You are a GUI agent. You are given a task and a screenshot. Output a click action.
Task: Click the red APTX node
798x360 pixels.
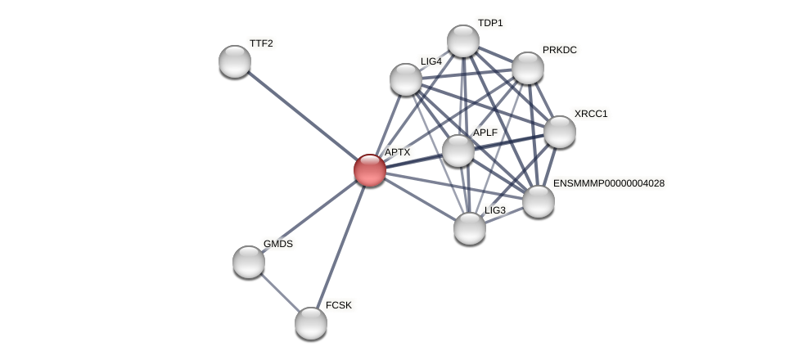[x=369, y=169]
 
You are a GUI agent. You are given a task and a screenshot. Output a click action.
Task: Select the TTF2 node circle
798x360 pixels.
[x=235, y=61]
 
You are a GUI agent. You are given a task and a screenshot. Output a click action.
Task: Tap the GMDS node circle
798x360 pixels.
[x=249, y=261]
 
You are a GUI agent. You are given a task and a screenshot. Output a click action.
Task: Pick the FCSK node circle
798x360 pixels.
[x=311, y=322]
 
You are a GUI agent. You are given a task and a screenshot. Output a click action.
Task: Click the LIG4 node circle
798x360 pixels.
[x=406, y=79]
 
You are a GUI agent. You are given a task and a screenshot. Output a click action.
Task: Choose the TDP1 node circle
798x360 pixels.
[x=463, y=41]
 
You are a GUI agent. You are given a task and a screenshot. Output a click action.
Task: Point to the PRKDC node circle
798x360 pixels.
[x=528, y=68]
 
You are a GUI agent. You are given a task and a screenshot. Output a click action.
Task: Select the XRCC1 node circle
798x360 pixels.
[x=560, y=131]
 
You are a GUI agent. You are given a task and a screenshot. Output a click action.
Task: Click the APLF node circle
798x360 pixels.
[x=458, y=151]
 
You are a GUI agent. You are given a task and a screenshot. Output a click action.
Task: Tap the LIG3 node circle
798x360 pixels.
[x=470, y=227]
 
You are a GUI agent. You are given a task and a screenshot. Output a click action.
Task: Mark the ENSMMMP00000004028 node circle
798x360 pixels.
[x=539, y=200]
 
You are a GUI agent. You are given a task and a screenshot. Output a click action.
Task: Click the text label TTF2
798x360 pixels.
[x=261, y=43]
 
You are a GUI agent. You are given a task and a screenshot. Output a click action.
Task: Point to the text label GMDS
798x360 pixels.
[x=278, y=244]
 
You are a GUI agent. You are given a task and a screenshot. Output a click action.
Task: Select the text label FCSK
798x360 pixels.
[x=339, y=305]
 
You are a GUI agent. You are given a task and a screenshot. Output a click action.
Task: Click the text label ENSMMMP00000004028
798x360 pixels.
[x=609, y=183]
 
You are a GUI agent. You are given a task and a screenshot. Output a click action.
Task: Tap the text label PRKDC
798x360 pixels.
[x=560, y=50]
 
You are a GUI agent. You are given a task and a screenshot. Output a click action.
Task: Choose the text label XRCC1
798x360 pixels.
[x=591, y=114]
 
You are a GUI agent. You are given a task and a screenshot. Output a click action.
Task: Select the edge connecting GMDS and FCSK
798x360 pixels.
[x=280, y=292]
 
